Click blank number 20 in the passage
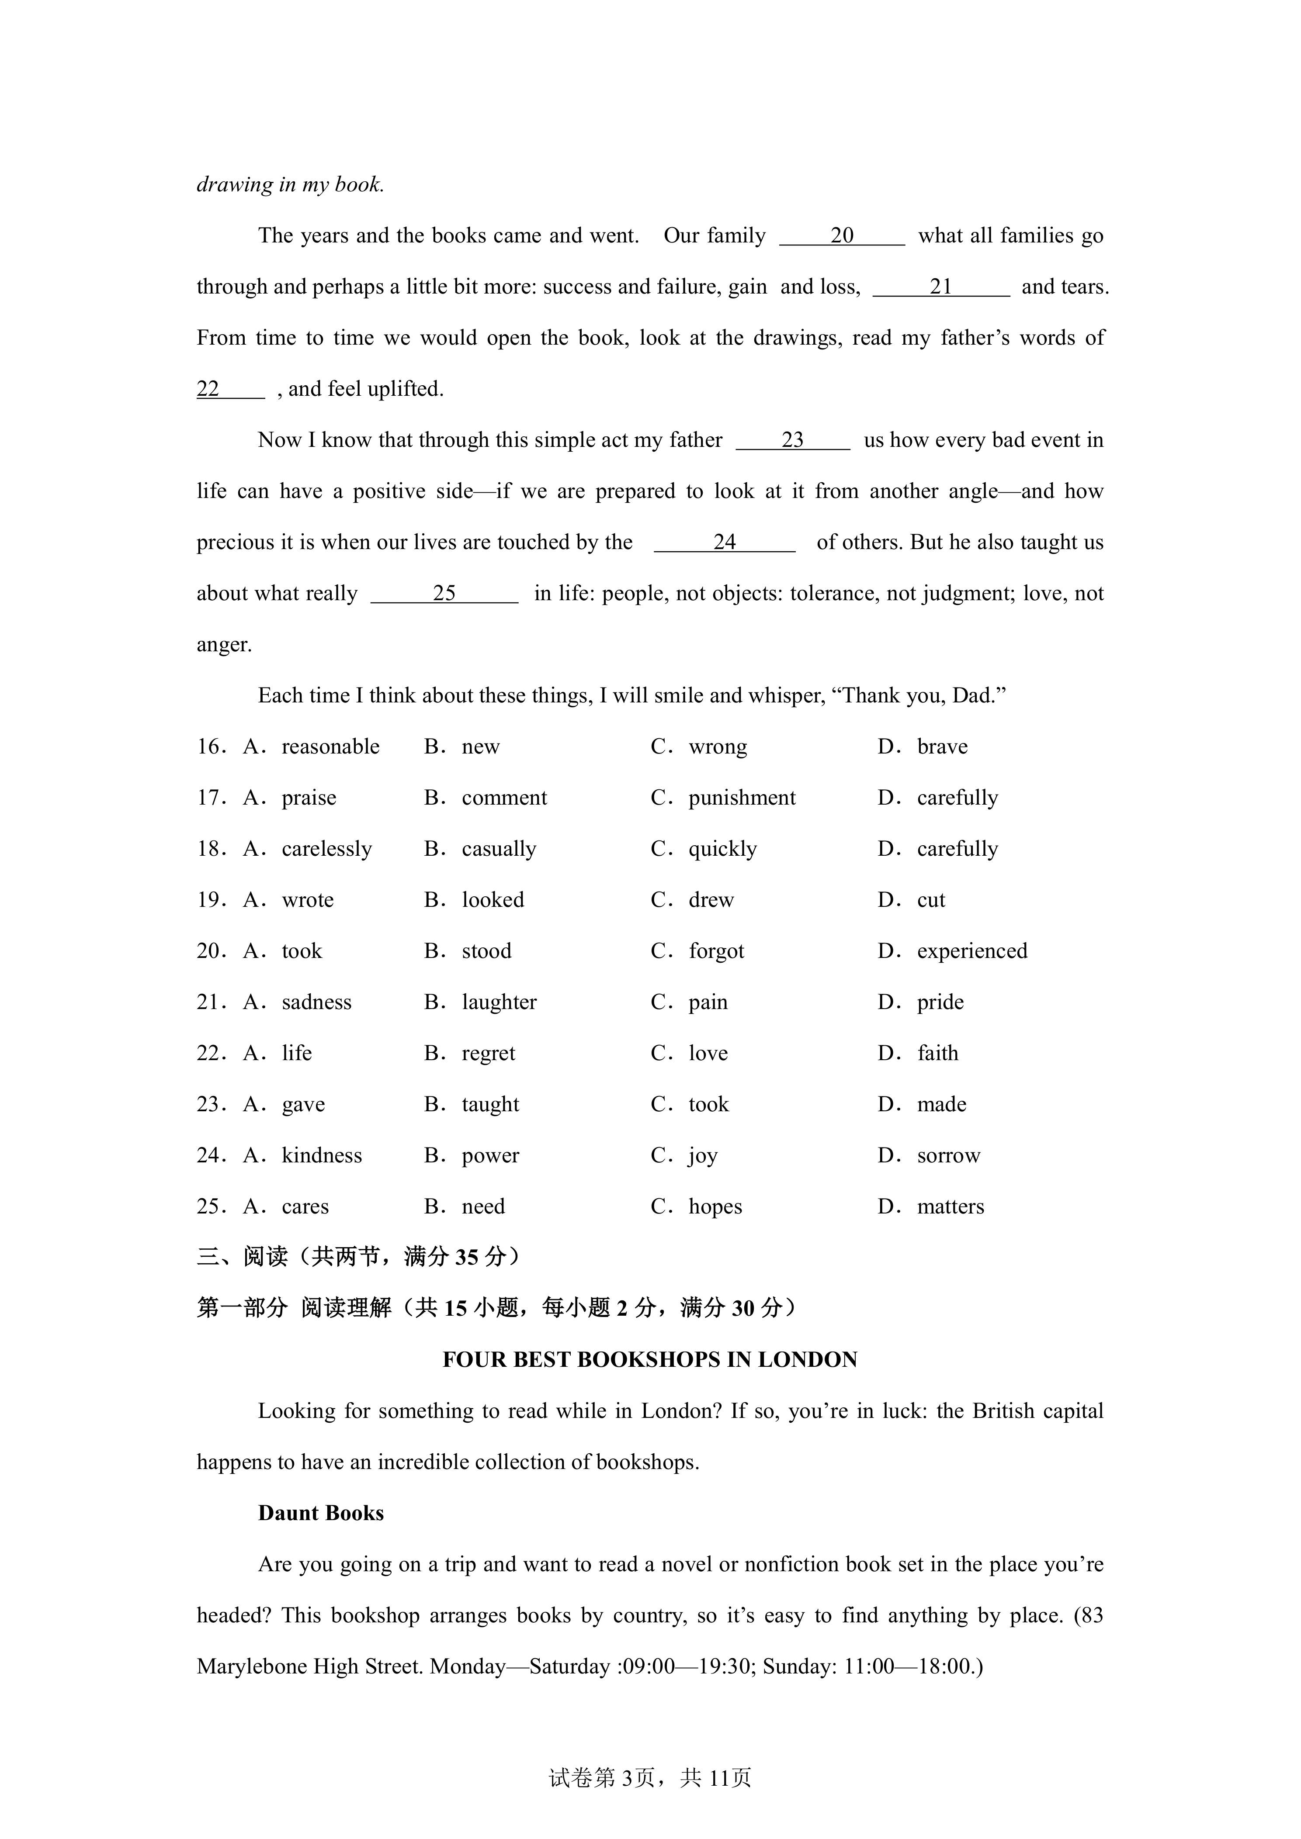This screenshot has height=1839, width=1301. coord(842,235)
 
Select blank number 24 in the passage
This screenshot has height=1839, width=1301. coord(724,542)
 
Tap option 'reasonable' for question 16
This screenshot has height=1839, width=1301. coord(330,747)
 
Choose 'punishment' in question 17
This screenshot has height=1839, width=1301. coord(742,798)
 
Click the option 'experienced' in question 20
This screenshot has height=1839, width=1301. coord(972,951)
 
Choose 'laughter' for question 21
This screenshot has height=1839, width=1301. coord(499,1002)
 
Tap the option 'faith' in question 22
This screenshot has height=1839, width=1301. coord(937,1053)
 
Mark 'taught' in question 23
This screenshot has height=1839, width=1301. coord(490,1105)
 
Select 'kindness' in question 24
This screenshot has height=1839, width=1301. coord(321,1156)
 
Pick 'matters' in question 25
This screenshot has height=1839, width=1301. coord(950,1207)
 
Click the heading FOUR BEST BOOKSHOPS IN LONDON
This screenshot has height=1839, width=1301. coord(650,1360)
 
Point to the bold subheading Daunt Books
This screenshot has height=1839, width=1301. coord(320,1513)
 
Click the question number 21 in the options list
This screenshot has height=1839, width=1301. coord(212,1002)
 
